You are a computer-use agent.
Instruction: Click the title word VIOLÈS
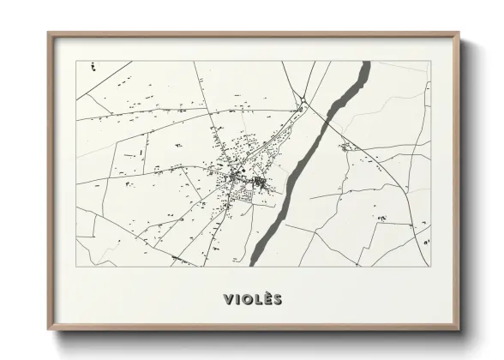click(x=252, y=299)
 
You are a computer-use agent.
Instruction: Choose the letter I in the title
click(x=237, y=299)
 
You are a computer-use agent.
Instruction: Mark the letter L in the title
click(x=255, y=299)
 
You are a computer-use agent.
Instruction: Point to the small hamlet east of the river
click(x=346, y=147)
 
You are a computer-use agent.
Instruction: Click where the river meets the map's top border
click(x=366, y=62)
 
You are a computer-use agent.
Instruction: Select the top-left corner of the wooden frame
click(x=48, y=33)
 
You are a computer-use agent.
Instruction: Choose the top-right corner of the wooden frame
click(x=459, y=33)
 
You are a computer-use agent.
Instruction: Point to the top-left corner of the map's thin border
click(x=76, y=61)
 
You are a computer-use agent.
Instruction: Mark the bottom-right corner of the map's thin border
click(x=429, y=266)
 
